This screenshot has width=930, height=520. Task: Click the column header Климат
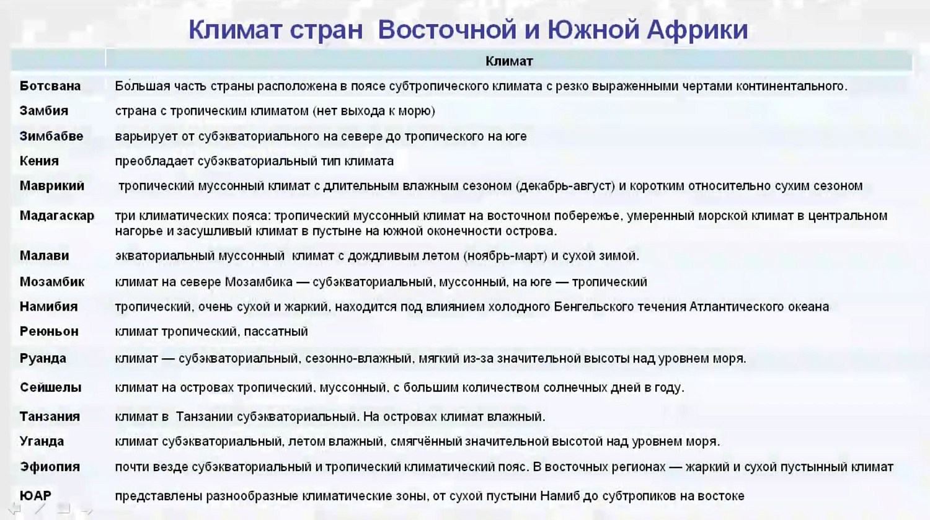[508, 61]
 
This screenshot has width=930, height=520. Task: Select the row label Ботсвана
[50, 86]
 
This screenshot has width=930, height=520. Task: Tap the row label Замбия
[44, 111]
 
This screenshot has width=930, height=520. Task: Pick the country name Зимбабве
[51, 136]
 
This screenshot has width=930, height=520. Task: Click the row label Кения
[39, 161]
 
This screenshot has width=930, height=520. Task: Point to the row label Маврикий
[52, 186]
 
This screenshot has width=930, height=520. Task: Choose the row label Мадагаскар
[57, 216]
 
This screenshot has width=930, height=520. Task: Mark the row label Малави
[45, 256]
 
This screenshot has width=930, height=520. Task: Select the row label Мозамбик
[52, 282]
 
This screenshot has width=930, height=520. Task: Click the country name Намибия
[49, 307]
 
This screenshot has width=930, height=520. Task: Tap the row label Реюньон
[49, 332]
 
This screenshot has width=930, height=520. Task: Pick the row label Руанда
[43, 358]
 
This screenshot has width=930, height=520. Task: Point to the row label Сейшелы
[51, 387]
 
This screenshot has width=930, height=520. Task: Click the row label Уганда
[42, 441]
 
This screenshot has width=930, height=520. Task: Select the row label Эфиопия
[50, 467]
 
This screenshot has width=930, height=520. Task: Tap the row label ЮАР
[35, 496]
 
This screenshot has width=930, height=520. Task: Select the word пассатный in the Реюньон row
[276, 332]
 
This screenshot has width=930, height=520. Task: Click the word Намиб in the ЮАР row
[559, 496]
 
